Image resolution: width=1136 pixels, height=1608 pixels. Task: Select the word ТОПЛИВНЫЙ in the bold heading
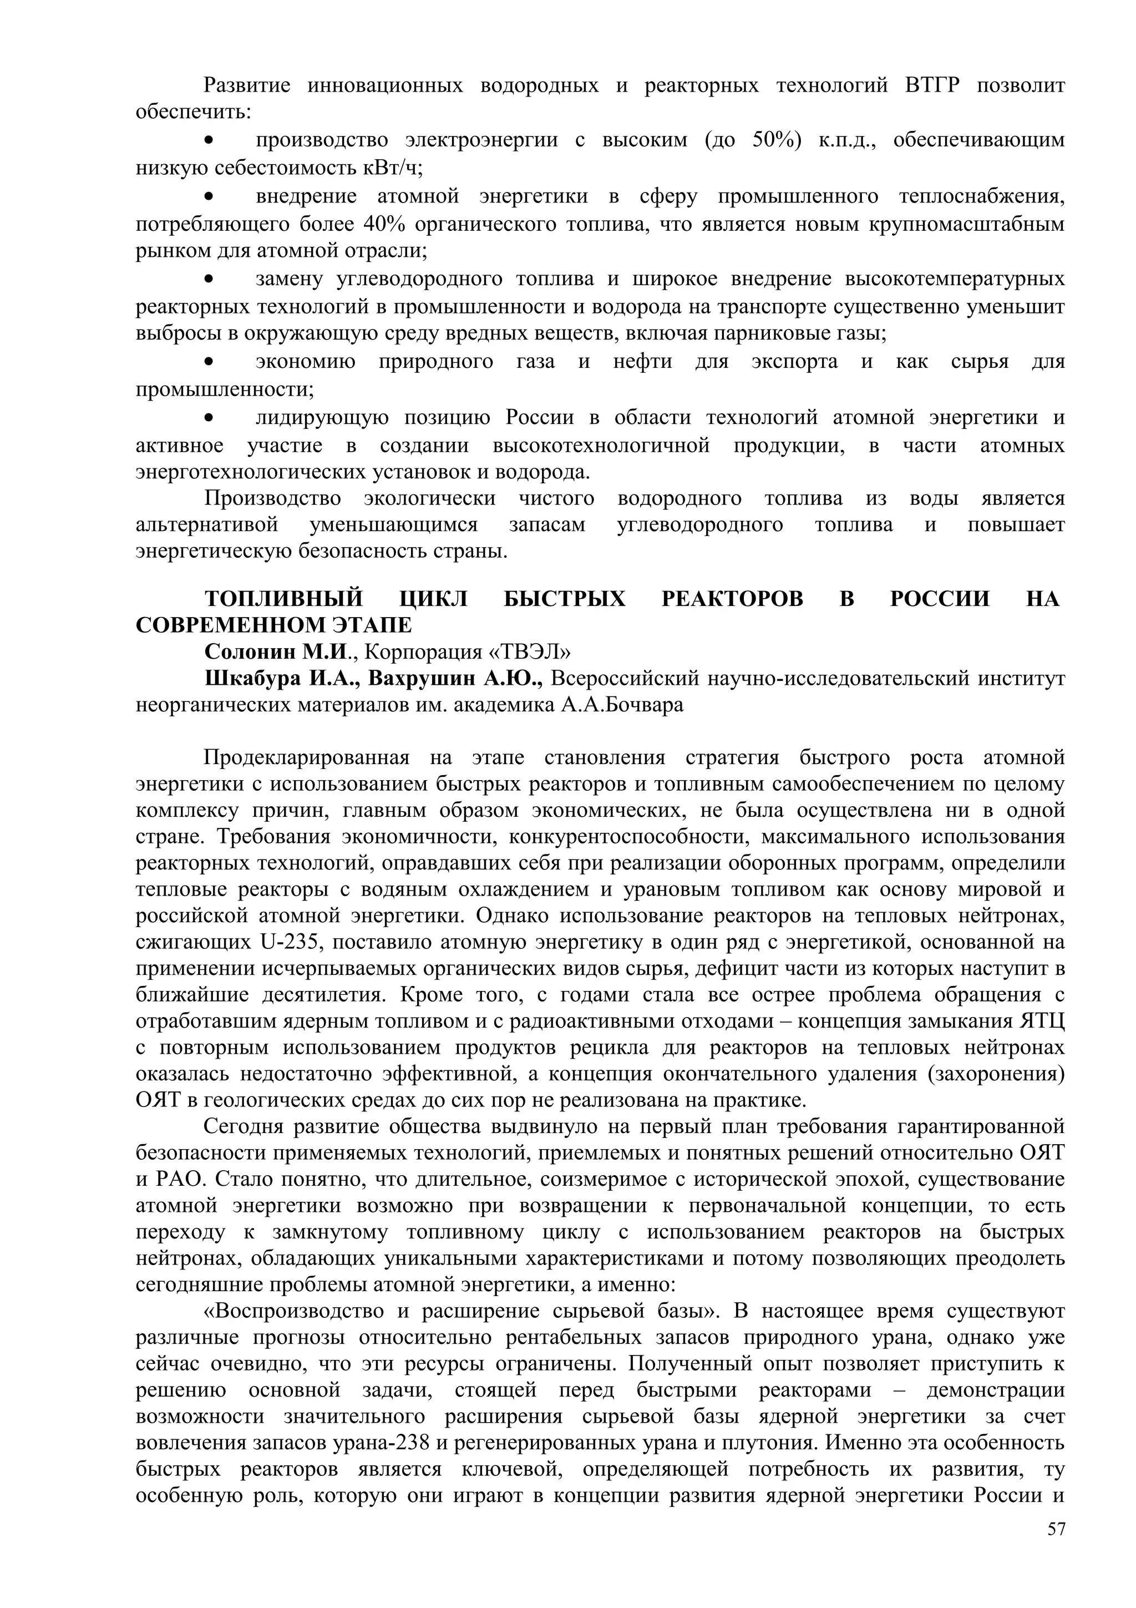pyautogui.click(x=283, y=599)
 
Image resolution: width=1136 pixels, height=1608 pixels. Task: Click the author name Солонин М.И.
pyautogui.click(x=275, y=652)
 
